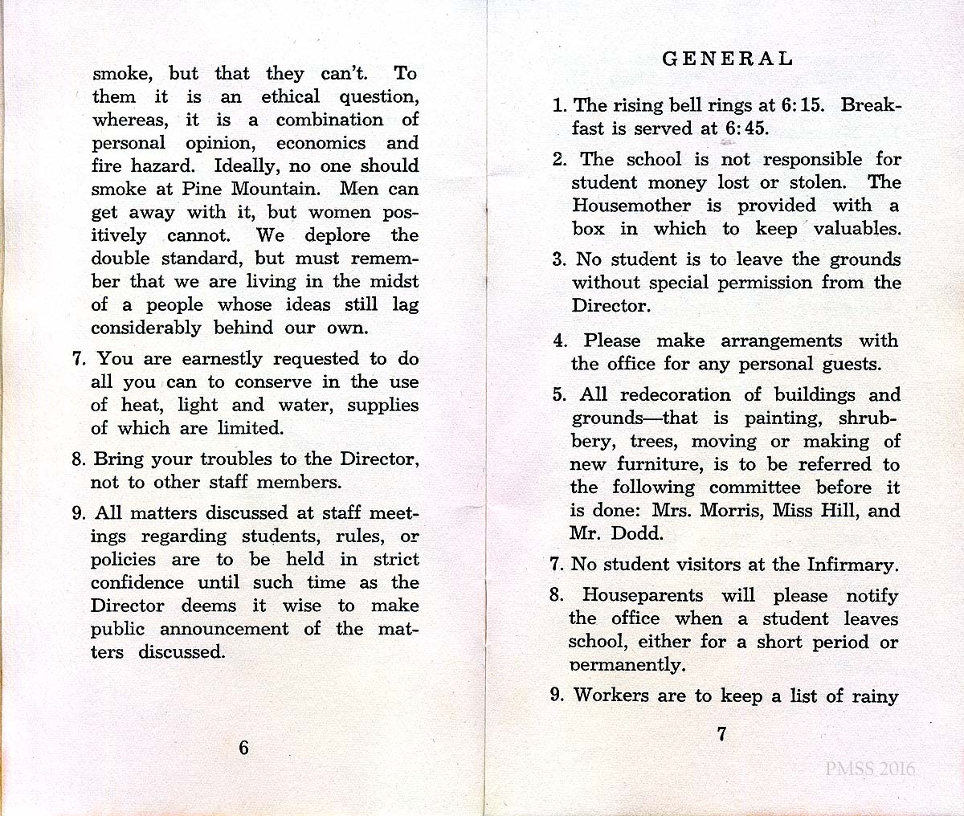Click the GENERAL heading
point(727,59)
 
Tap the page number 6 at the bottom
point(243,748)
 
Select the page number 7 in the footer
point(721,733)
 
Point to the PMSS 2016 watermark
point(870,769)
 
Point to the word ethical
point(290,97)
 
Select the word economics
point(321,144)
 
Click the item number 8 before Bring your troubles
point(77,460)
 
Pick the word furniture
point(658,465)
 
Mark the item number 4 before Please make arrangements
point(559,341)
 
